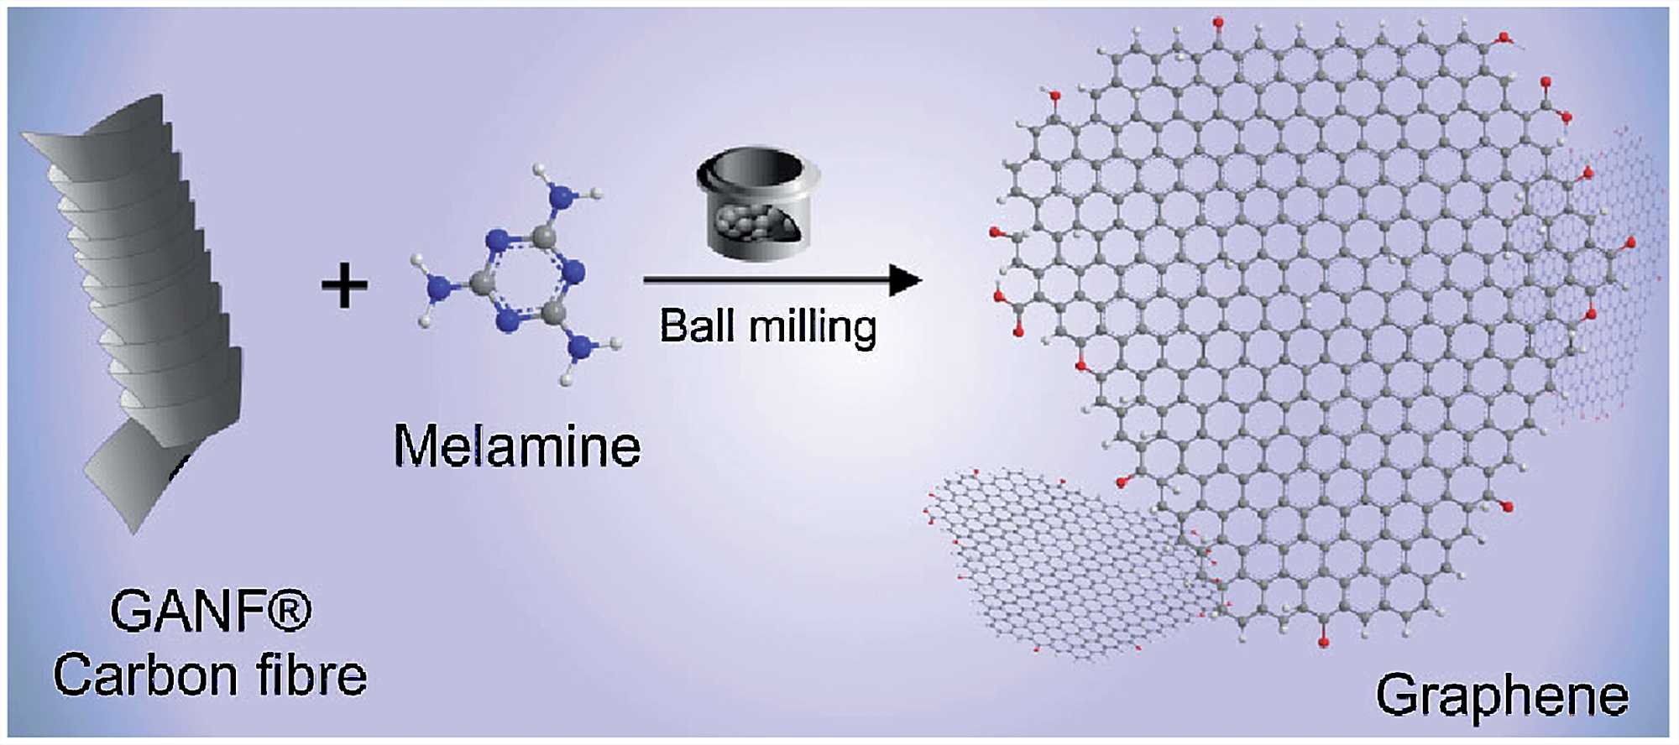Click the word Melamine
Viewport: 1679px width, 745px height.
click(x=516, y=445)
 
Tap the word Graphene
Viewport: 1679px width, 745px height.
click(x=1501, y=696)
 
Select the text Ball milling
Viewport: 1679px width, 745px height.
click(x=767, y=326)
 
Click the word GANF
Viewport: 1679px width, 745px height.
click(x=190, y=612)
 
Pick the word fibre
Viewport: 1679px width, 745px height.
click(x=311, y=675)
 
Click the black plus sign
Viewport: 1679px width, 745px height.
click(x=344, y=284)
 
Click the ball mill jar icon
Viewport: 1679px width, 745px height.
click(x=758, y=201)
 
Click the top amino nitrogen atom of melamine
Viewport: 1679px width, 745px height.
click(x=561, y=198)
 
